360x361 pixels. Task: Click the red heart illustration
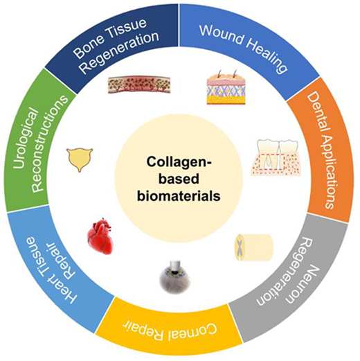pyautogui.click(x=100, y=236)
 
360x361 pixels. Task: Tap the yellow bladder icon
pyautogui.click(x=80, y=159)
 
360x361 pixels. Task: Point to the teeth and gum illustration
pyautogui.click(x=276, y=157)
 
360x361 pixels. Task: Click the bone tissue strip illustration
pyautogui.click(x=139, y=85)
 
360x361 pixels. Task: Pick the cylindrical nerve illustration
pyautogui.click(x=254, y=247)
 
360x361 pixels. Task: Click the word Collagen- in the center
pyautogui.click(x=179, y=162)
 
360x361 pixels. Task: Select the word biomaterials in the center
pyautogui.click(x=179, y=196)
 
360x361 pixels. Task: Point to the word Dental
pyautogui.click(x=316, y=112)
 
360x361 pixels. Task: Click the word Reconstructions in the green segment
pyautogui.click(x=48, y=143)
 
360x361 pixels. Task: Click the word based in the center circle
pyautogui.click(x=179, y=179)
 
